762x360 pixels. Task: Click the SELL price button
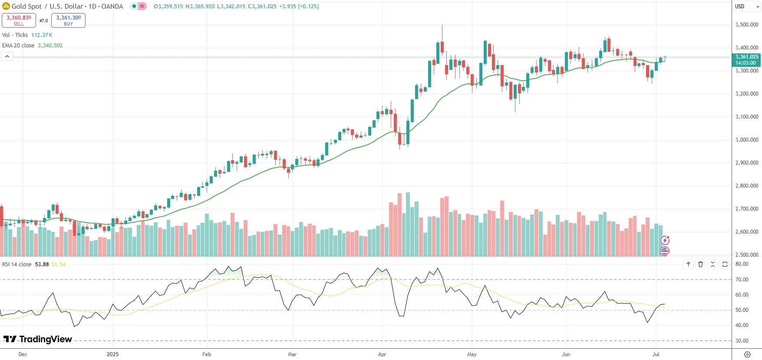click(19, 20)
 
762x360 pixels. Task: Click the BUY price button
click(68, 20)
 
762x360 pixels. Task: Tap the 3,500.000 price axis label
click(747, 25)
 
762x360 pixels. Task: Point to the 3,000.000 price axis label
click(747, 140)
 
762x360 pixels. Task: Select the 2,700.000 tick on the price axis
click(747, 209)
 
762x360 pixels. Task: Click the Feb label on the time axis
click(207, 354)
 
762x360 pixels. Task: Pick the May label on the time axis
click(472, 354)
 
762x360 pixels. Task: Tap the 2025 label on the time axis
click(112, 354)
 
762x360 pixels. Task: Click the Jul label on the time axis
click(656, 354)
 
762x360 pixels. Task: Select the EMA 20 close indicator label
click(18, 46)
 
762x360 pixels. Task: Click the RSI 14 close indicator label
click(17, 264)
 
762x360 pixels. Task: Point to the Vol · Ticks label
click(15, 35)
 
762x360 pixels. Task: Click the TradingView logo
click(37, 339)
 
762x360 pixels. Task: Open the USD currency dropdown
click(746, 7)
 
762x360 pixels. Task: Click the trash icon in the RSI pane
click(700, 264)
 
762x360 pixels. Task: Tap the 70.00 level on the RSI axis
click(742, 280)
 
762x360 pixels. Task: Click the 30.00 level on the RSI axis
click(742, 341)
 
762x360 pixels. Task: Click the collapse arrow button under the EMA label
click(7, 56)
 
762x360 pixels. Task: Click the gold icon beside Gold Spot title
click(6, 6)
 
